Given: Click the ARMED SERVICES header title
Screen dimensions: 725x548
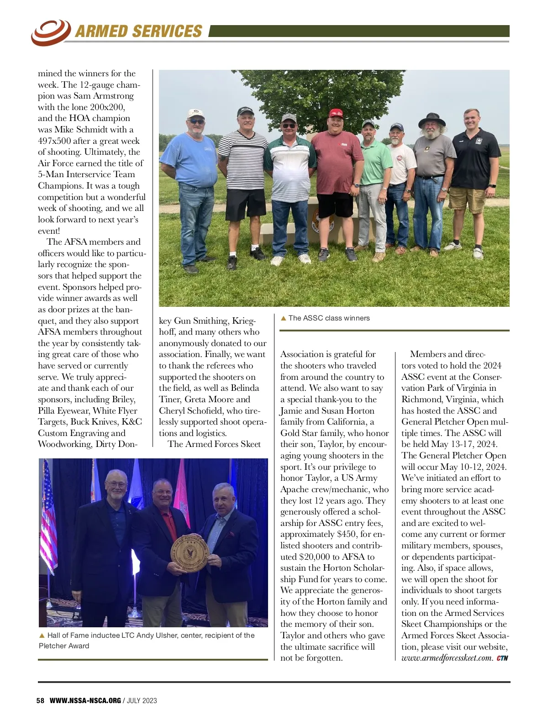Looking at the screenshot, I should point(138,31).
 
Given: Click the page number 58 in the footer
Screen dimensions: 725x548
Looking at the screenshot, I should point(40,700).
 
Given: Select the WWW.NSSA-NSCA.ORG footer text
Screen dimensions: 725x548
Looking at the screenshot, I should point(85,700).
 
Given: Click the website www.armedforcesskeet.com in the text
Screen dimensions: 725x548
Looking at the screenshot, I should point(447,658).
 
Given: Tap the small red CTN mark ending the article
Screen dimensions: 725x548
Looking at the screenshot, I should point(502,658).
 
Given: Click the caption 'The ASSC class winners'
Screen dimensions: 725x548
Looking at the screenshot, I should point(329,318).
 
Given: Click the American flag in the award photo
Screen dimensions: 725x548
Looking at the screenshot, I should point(49,516).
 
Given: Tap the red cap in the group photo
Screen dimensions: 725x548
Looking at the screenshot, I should point(336,113).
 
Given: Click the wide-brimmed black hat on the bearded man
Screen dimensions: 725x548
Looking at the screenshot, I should point(432,120).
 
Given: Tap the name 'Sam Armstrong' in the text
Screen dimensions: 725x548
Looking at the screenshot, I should point(104,96).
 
